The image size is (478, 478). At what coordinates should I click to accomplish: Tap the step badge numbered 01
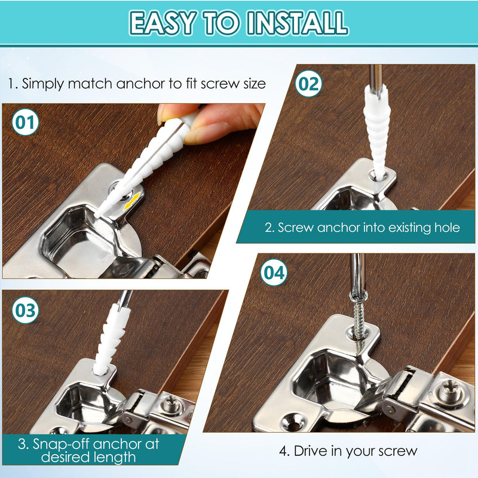[26, 123]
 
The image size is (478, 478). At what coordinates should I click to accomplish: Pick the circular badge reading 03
[26, 310]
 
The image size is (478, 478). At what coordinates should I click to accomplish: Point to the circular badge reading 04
[274, 273]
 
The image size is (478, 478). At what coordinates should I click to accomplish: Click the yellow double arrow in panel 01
[133, 199]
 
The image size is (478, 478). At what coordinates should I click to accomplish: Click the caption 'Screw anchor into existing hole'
[362, 228]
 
